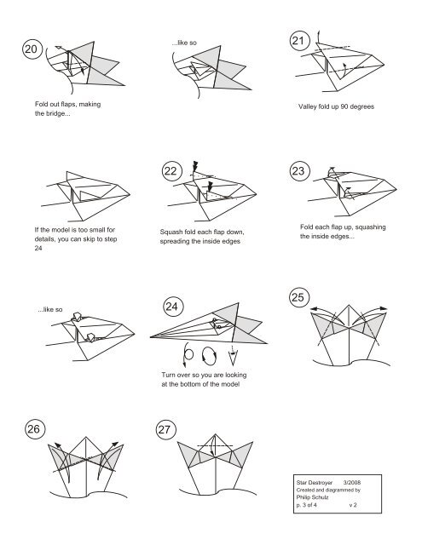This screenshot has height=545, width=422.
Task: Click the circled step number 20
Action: [32, 49]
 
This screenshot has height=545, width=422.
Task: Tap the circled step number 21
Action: [298, 41]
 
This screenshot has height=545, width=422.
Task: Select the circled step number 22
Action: [171, 171]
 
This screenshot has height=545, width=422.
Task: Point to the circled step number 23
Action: [299, 170]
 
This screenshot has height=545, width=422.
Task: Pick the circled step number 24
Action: [173, 307]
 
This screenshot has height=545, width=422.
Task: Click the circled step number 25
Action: [299, 297]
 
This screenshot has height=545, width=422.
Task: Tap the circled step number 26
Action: [34, 429]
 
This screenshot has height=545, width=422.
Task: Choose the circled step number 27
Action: [165, 429]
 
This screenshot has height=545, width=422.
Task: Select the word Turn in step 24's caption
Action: [168, 375]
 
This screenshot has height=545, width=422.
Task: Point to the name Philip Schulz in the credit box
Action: [312, 497]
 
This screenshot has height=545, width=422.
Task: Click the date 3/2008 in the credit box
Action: [352, 483]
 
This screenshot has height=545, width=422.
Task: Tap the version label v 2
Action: [353, 505]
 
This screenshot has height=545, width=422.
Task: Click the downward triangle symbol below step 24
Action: [233, 358]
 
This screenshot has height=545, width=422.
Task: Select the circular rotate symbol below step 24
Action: [209, 356]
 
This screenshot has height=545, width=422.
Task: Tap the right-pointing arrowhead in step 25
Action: [383, 308]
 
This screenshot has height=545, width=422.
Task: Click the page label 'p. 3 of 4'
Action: [307, 505]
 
